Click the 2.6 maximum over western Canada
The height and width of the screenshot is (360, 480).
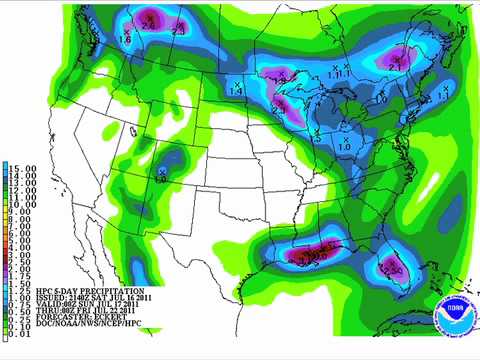pos(175,31)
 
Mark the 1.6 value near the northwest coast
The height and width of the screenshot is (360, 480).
pos(125,38)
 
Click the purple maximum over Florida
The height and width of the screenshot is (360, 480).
pos(392,267)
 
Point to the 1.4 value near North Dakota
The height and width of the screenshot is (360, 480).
pos(236,90)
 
